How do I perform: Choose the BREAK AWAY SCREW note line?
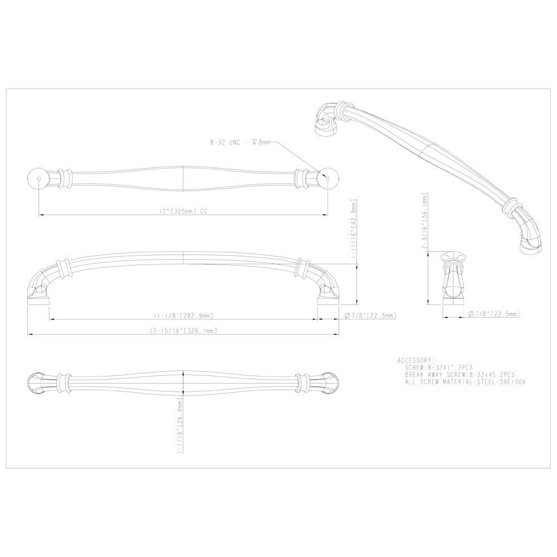tap(460, 375)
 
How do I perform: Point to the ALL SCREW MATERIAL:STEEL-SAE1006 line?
tap(466, 383)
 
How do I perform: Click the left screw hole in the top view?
tap(38, 178)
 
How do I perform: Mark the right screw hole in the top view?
tap(328, 178)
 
